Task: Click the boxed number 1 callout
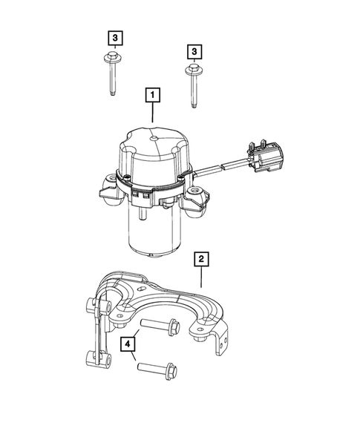(151, 95)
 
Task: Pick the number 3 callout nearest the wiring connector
(194, 51)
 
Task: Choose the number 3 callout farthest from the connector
(114, 36)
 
